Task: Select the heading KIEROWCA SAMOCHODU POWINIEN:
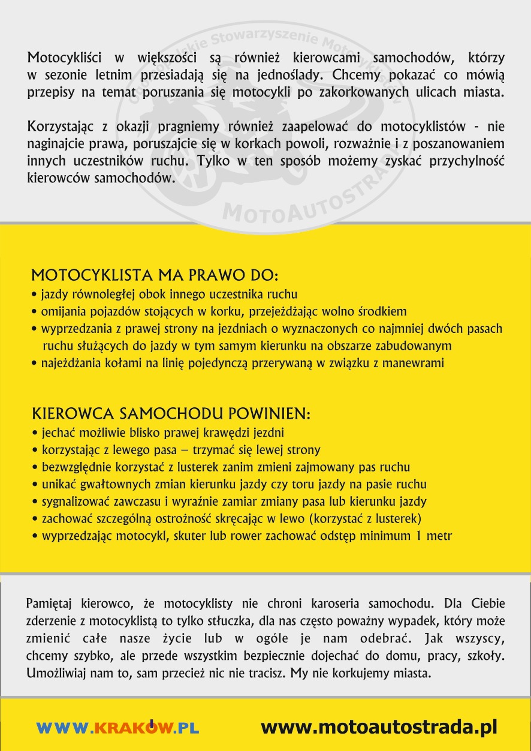pyautogui.click(x=171, y=414)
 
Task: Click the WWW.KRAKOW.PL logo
pyautogui.click(x=117, y=728)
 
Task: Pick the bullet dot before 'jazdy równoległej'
pyautogui.click(x=35, y=295)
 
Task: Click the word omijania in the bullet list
pyautogui.click(x=60, y=311)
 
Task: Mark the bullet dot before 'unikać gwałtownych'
pyautogui.click(x=35, y=485)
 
